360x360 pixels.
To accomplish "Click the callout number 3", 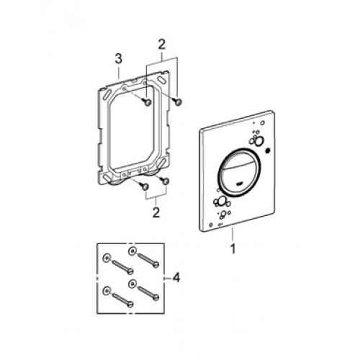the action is point(119,59).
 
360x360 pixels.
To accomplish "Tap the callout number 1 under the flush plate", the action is point(233,249).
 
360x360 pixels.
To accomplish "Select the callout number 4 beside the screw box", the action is point(176,278).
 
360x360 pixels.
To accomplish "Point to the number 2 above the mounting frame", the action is point(162,45).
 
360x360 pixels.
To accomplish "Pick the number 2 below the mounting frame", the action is point(156,212).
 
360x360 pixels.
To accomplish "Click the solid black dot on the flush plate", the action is point(267,151).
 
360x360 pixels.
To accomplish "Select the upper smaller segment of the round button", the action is point(239,160).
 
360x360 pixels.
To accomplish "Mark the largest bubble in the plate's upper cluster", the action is point(258,141).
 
